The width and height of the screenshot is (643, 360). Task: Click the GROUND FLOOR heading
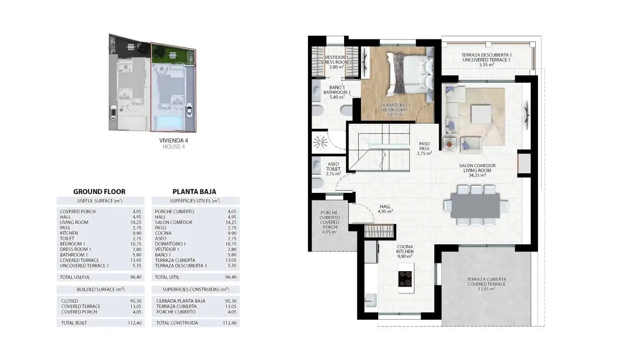(99, 192)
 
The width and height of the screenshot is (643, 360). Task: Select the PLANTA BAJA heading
(194, 192)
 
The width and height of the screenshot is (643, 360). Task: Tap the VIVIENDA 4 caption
(173, 140)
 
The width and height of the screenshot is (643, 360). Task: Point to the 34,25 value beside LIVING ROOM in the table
(136, 223)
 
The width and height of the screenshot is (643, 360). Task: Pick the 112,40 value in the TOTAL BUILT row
(134, 323)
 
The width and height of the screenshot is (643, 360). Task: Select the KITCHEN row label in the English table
(69, 233)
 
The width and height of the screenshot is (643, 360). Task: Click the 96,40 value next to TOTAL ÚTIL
(231, 277)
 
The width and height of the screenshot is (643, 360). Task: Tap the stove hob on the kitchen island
(405, 279)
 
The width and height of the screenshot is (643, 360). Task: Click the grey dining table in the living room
(475, 205)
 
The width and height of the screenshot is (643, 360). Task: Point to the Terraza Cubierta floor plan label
(486, 284)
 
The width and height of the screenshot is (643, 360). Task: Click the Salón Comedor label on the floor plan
(477, 170)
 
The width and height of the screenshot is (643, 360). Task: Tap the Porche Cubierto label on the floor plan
(330, 223)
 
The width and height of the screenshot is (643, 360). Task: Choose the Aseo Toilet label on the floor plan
(333, 169)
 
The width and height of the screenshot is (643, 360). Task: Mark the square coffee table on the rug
(481, 114)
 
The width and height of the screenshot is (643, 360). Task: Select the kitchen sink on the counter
(370, 300)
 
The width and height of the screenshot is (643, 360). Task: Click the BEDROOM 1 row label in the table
(73, 244)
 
